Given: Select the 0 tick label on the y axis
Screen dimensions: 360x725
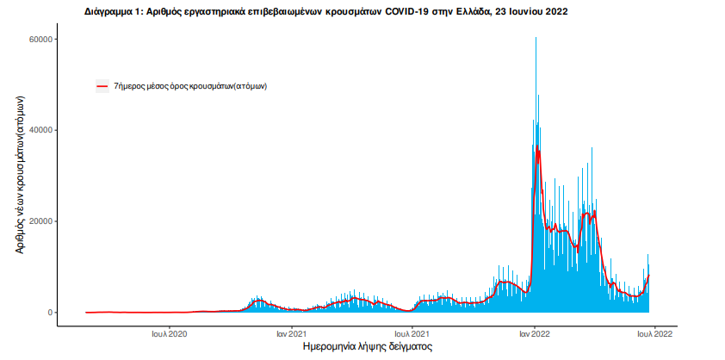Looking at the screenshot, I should [51, 313].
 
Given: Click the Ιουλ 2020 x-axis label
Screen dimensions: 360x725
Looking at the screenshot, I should [170, 333].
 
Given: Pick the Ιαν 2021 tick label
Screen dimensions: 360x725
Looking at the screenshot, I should [292, 333].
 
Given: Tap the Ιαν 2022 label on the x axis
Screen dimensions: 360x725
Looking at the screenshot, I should [535, 333].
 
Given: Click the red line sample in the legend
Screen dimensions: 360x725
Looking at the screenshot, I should [102, 87].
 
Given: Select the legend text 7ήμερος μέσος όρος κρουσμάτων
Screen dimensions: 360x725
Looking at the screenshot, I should [189, 87].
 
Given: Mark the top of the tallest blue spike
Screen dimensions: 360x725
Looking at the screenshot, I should [536, 38].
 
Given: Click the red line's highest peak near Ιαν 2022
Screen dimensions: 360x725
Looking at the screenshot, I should [538, 148].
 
